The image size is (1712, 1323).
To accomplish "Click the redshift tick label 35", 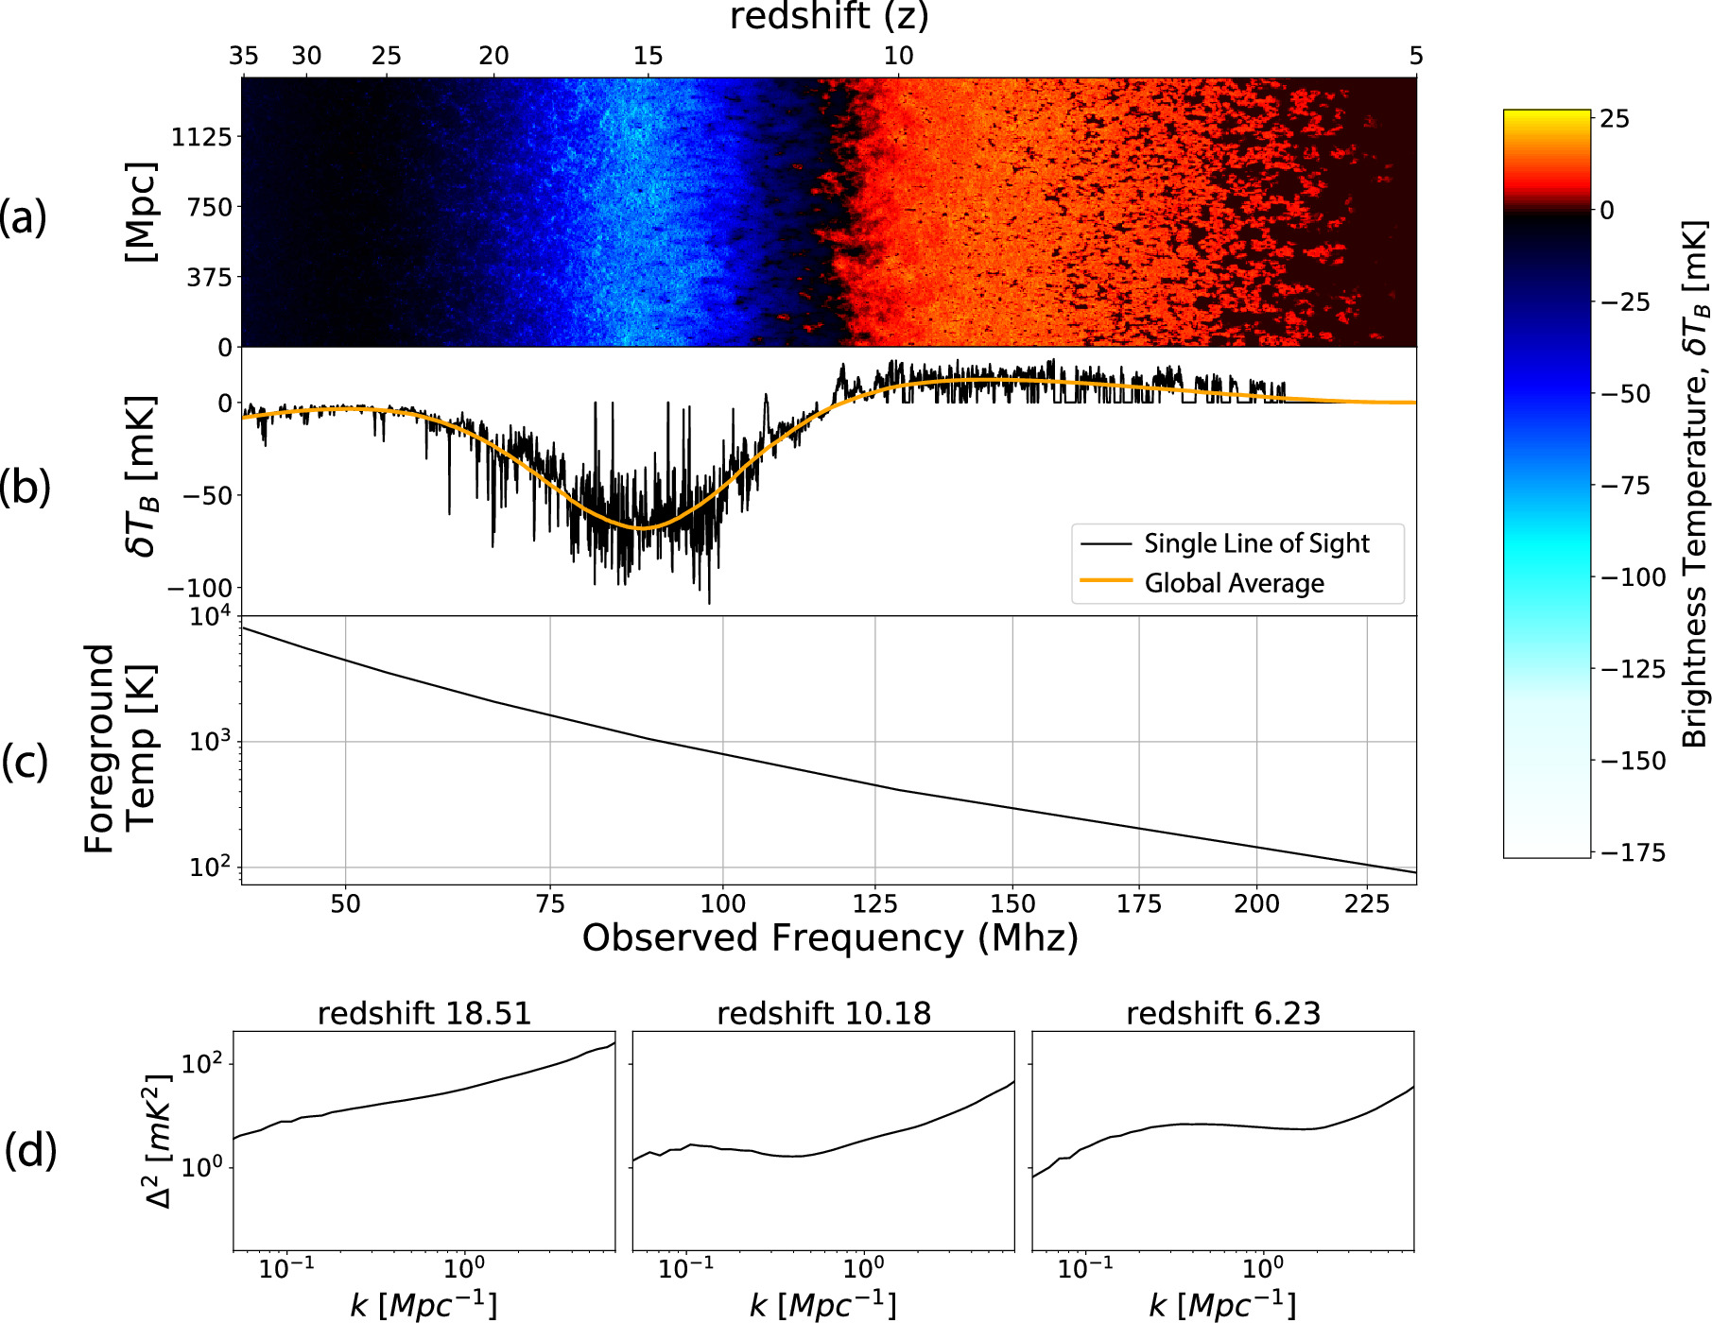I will [x=244, y=56].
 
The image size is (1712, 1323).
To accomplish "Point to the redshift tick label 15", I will [x=648, y=56].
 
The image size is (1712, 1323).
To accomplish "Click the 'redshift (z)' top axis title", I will [x=829, y=16].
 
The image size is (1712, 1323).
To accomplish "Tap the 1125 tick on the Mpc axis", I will [x=200, y=137].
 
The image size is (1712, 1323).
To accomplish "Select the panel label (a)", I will [x=24, y=217].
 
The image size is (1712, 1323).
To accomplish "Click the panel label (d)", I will [x=30, y=1151].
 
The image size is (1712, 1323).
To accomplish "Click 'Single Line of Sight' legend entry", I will [x=1256, y=543].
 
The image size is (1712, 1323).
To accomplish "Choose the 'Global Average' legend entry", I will [x=1234, y=583].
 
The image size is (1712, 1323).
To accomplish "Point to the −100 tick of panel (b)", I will [x=199, y=588].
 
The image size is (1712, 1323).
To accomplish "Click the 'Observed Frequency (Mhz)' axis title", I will [x=829, y=938].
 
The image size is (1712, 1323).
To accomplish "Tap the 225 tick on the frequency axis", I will [x=1366, y=904].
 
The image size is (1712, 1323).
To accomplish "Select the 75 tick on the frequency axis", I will [x=550, y=904].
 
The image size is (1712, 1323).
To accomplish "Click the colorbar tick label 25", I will [x=1615, y=119].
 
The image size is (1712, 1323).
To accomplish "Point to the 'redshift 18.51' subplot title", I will [x=424, y=1013].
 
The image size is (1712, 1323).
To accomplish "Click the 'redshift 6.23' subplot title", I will [x=1223, y=1013].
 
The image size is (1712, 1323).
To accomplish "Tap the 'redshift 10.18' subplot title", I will [x=823, y=1013].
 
